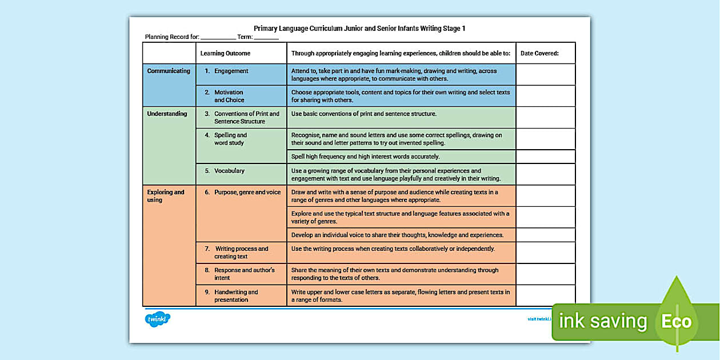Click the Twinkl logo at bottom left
158,319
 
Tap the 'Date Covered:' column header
539,53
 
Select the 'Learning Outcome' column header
225,53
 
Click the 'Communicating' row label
169,71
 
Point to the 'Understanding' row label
167,114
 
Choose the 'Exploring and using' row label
166,196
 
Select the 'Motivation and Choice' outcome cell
229,96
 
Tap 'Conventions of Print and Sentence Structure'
246,118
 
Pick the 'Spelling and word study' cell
230,139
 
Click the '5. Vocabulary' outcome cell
229,171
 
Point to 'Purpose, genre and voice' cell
247,193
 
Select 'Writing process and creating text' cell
241,253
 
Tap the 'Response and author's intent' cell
244,274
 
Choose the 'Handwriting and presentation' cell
235,295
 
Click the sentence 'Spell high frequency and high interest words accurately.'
365,157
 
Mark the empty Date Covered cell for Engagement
545,74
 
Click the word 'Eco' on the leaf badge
676,322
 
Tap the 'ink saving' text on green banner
602,322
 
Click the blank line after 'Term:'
266,38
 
